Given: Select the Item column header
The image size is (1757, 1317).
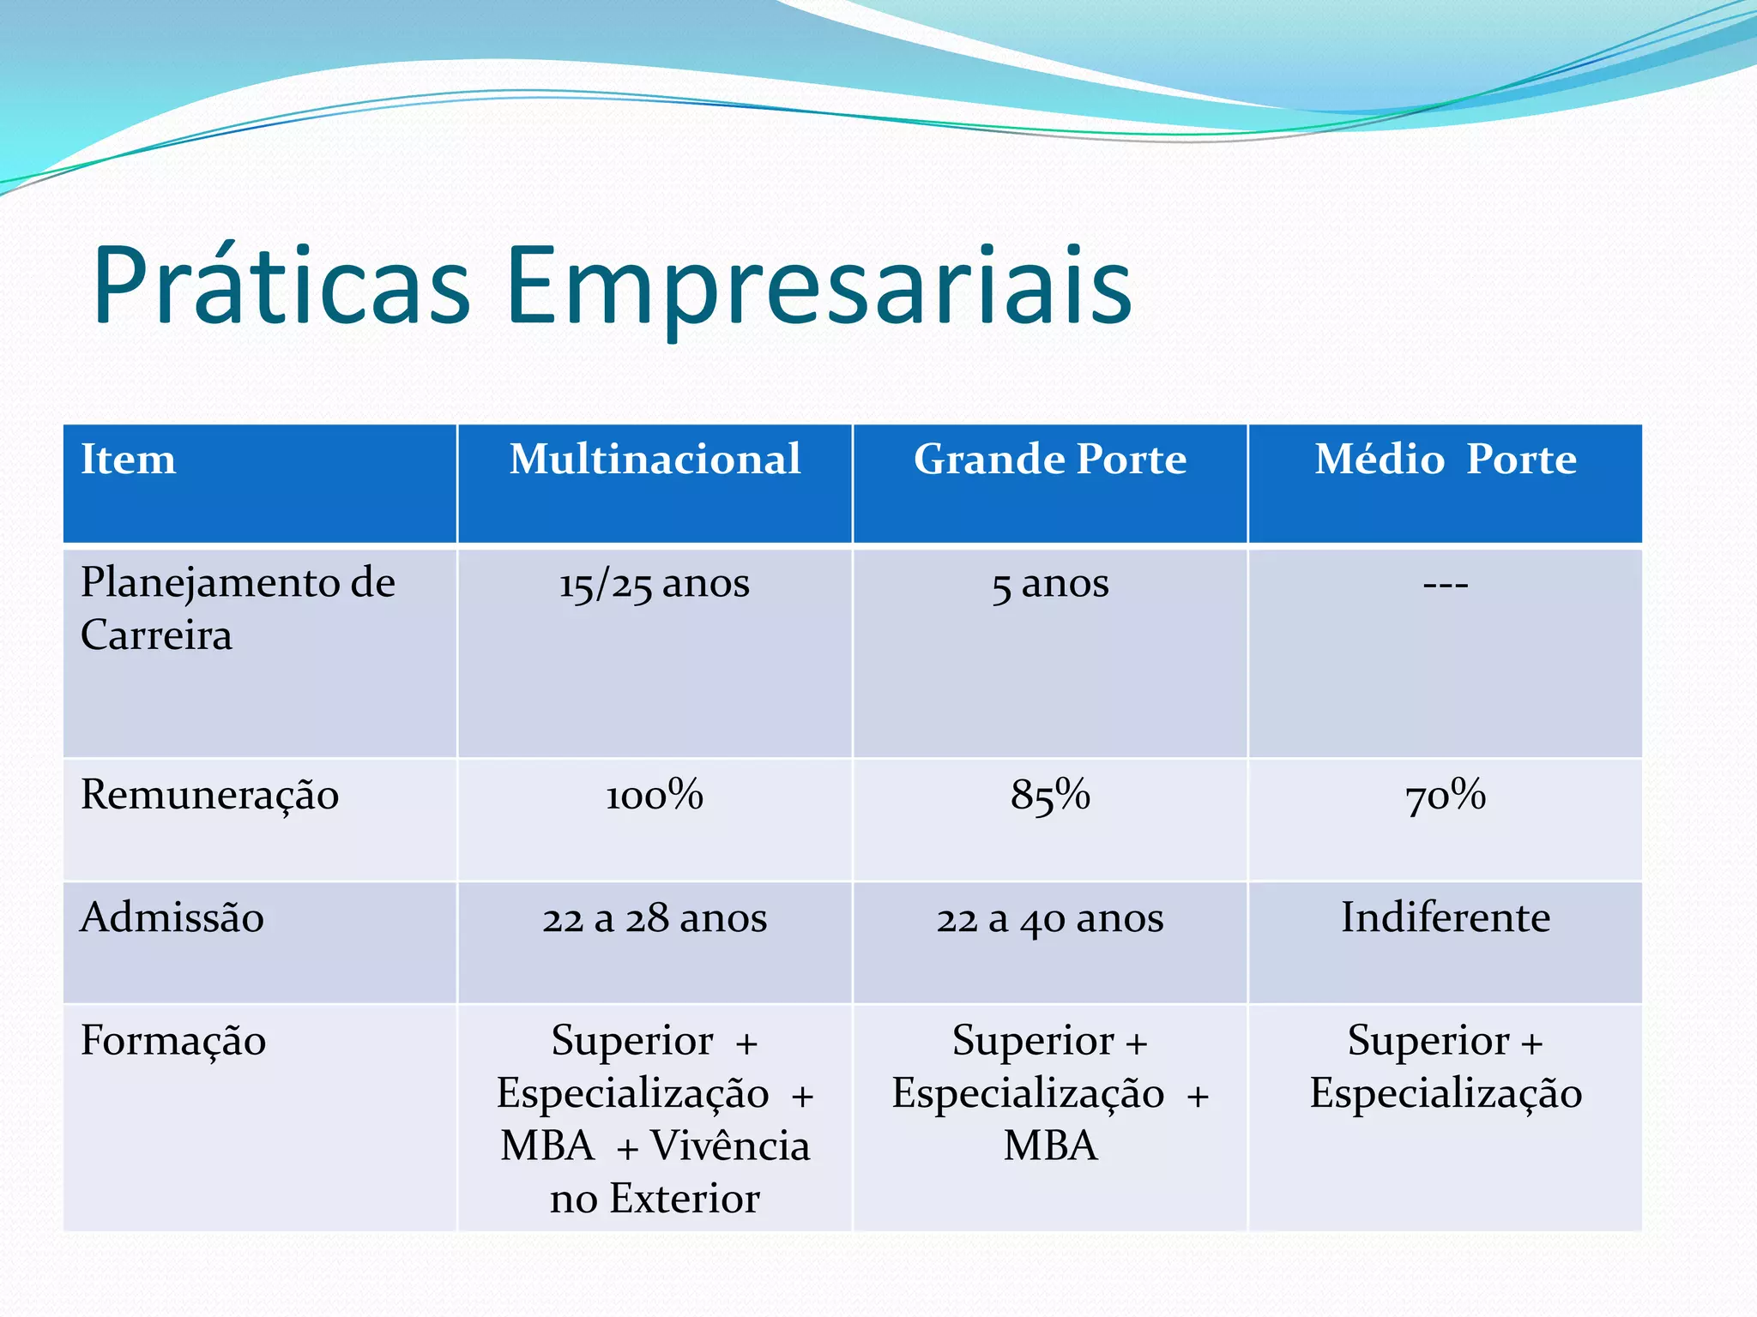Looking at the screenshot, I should (129, 459).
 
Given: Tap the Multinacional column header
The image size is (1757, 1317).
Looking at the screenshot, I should (655, 459).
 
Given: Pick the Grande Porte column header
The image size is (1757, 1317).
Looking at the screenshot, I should (1050, 459).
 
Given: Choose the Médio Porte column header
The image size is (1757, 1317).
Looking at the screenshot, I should (1446, 459).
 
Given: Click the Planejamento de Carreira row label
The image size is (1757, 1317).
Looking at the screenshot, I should (238, 608).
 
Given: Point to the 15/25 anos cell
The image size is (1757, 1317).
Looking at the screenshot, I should (655, 584).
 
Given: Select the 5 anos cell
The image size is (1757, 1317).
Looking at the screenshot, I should (1050, 584).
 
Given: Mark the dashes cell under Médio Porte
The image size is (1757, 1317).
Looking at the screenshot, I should (1446, 585).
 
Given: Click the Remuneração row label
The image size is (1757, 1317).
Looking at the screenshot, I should (210, 795).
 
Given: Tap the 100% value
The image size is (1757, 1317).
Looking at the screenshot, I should (655, 795).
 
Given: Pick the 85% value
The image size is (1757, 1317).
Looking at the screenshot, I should (1050, 795).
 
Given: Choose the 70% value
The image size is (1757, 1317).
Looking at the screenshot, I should (1446, 795).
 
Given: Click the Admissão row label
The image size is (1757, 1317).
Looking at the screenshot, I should (172, 917).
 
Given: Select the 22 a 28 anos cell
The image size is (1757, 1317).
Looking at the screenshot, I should (655, 918).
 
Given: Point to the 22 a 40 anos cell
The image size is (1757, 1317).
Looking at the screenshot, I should (1050, 918).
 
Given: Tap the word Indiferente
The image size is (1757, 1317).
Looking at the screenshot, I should (1446, 917).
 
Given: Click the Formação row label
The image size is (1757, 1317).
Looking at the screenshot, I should (173, 1041).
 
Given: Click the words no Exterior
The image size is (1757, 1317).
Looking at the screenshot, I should (655, 1198).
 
